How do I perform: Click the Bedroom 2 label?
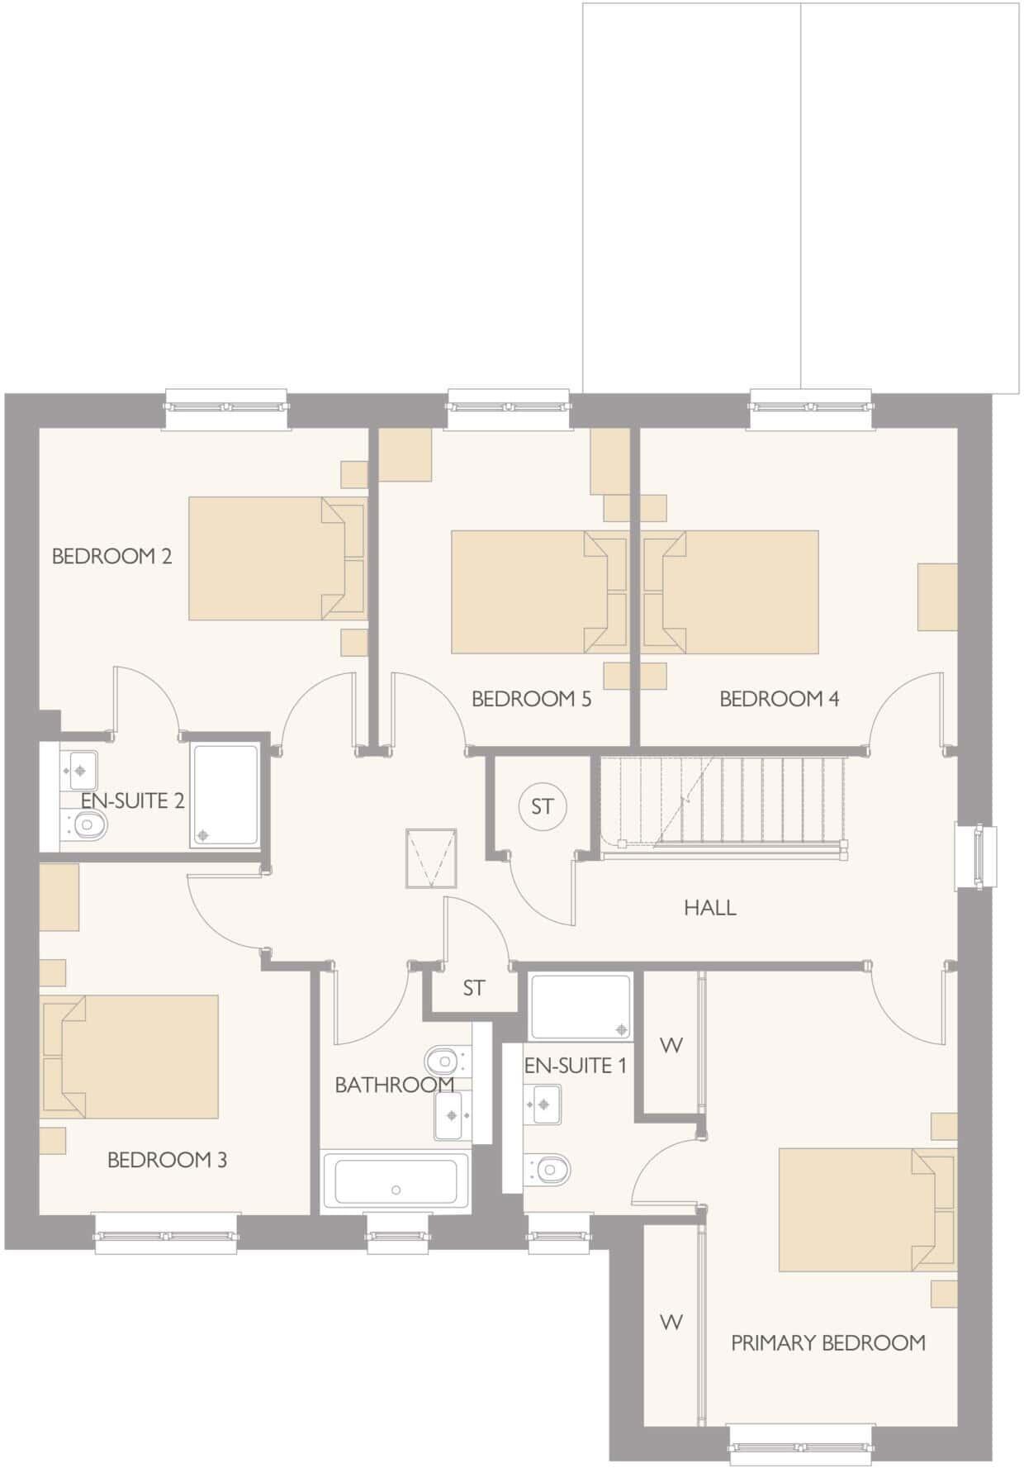click(x=111, y=556)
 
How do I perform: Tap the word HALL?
click(x=709, y=908)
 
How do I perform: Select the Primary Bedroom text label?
click(x=827, y=1342)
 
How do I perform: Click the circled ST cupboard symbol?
click(x=542, y=806)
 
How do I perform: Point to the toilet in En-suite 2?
click(x=88, y=824)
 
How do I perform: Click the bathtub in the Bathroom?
click(x=396, y=1181)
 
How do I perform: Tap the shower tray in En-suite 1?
click(x=581, y=1006)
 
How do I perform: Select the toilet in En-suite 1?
click(x=548, y=1169)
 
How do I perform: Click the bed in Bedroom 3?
click(x=132, y=1057)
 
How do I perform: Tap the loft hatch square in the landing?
click(x=430, y=859)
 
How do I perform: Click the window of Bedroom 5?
click(x=508, y=406)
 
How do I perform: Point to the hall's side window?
click(x=976, y=856)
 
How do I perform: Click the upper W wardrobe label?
click(x=671, y=1045)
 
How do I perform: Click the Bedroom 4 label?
click(x=779, y=699)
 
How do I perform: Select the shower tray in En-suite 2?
click(x=225, y=795)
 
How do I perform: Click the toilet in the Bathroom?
click(x=443, y=1058)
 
